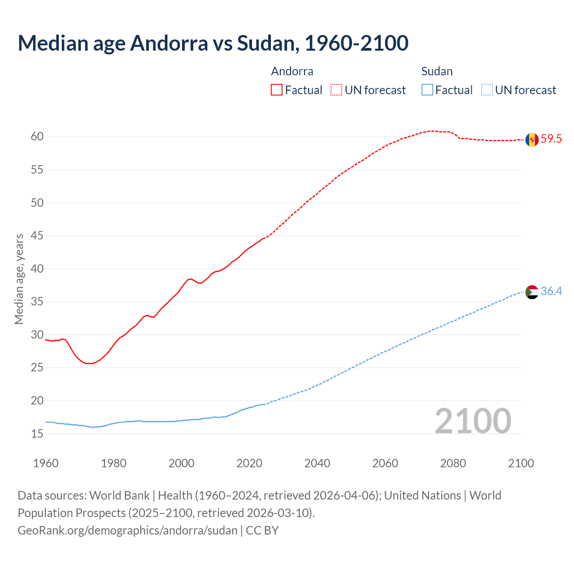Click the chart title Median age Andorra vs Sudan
click(213, 43)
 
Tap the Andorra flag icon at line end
click(532, 139)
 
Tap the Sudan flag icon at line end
click(532, 292)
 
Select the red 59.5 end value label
click(551, 139)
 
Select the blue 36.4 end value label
click(551, 291)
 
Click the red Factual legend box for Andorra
click(277, 90)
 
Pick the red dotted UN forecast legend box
click(336, 90)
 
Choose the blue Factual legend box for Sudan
click(427, 90)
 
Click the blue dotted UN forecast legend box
click(487, 90)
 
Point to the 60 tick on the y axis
click(37, 137)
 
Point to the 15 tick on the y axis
click(37, 434)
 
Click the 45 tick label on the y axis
click(37, 236)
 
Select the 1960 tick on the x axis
click(46, 463)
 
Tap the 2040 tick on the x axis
click(317, 463)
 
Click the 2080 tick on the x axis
click(453, 463)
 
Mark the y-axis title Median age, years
click(19, 279)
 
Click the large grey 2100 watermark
click(473, 421)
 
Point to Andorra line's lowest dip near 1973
click(89, 363)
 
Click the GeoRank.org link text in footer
click(127, 531)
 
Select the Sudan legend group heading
click(437, 71)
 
